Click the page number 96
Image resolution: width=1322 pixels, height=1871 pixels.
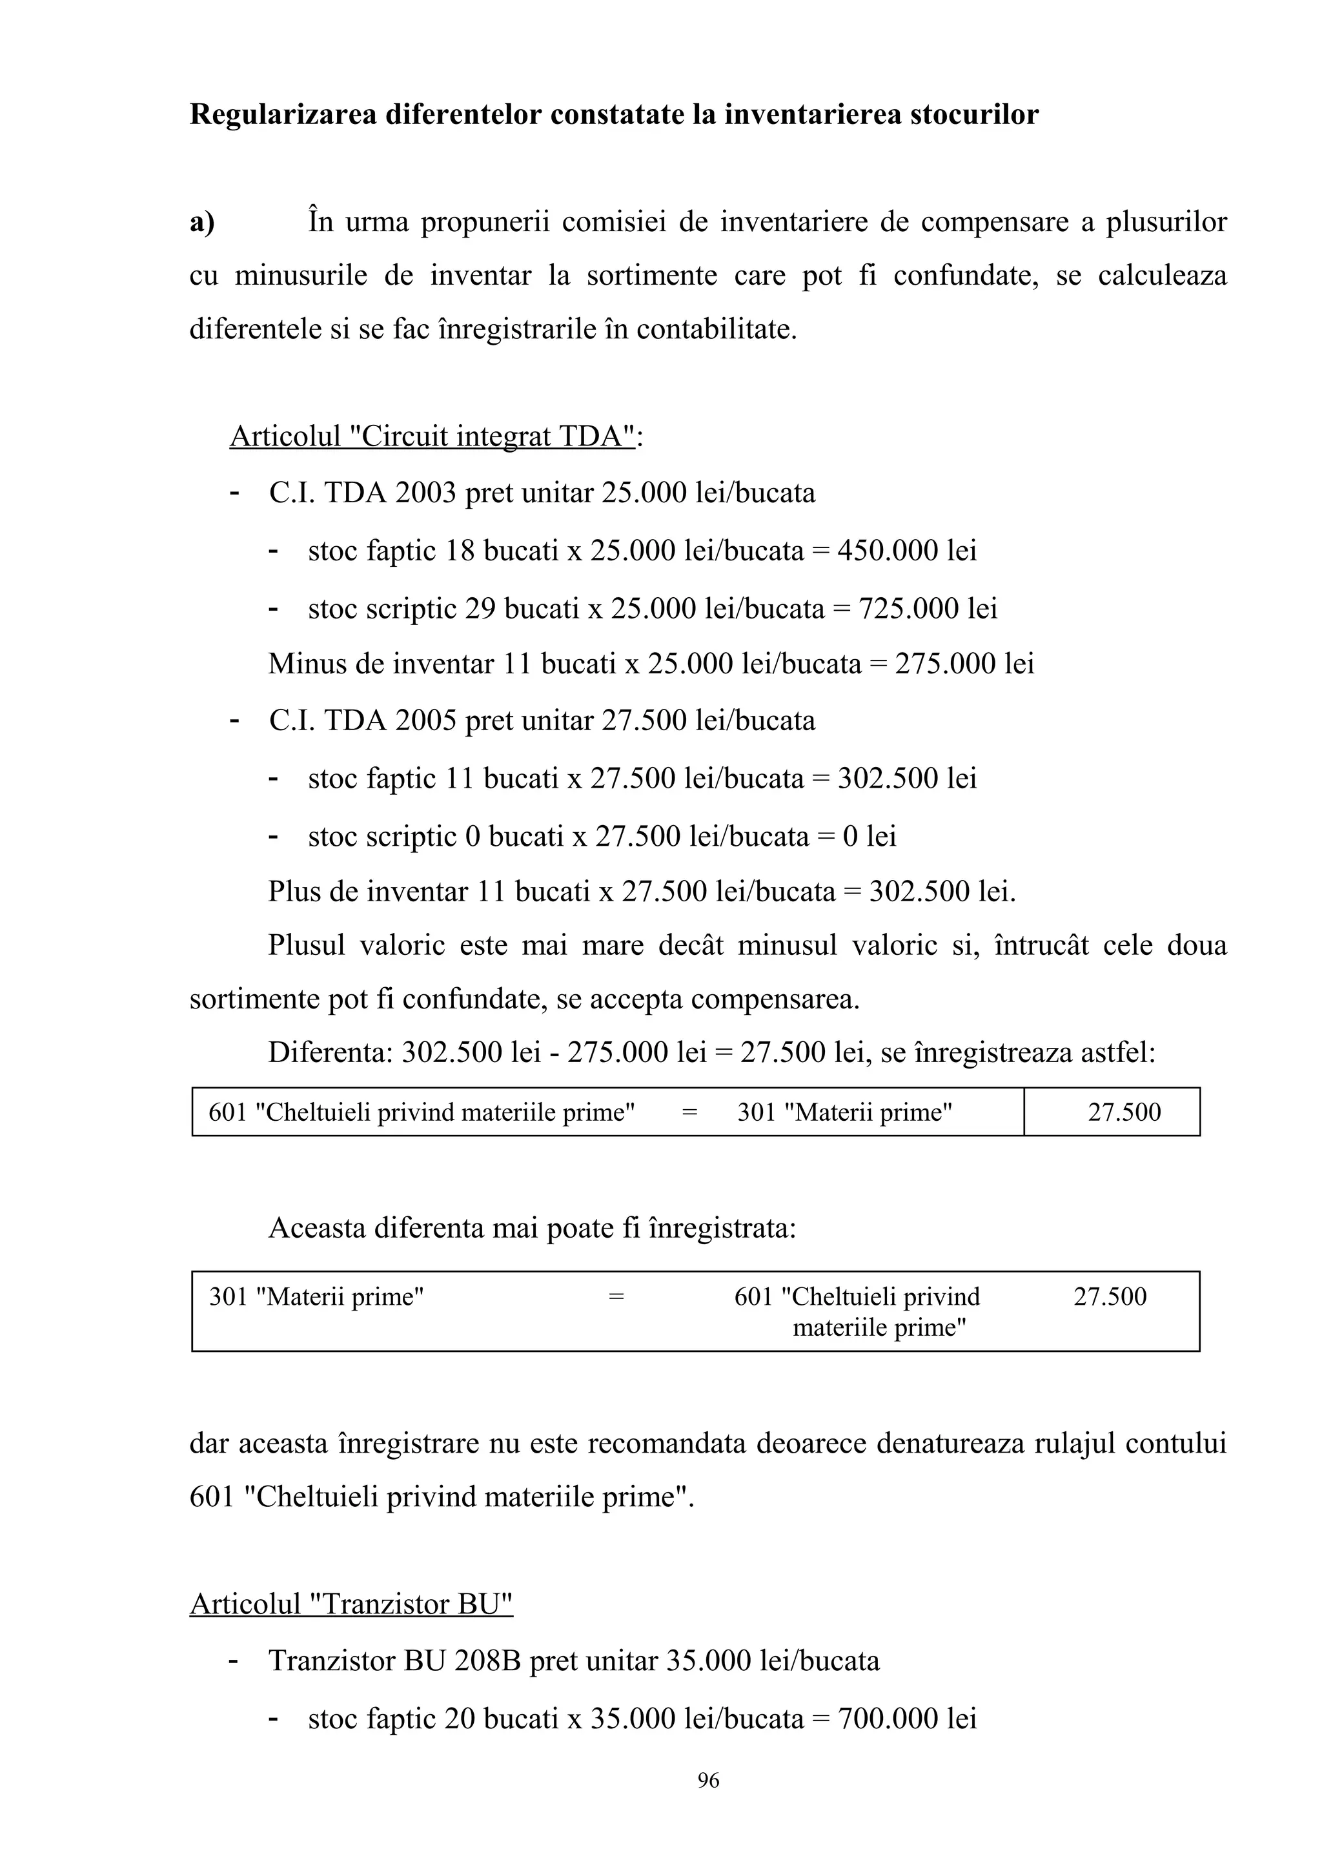click(708, 1781)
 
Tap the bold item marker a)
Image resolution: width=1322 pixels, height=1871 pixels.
click(202, 221)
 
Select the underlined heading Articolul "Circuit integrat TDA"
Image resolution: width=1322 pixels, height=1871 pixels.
click(432, 437)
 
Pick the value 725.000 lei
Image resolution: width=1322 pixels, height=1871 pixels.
click(928, 609)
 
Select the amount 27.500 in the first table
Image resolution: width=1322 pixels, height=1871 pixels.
click(1124, 1112)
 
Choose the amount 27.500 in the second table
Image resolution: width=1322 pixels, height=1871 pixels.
click(1110, 1296)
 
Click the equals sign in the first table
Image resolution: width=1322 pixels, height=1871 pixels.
click(689, 1112)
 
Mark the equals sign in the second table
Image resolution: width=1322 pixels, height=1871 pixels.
click(616, 1296)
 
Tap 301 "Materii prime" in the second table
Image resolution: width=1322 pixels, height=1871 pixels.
click(317, 1296)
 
